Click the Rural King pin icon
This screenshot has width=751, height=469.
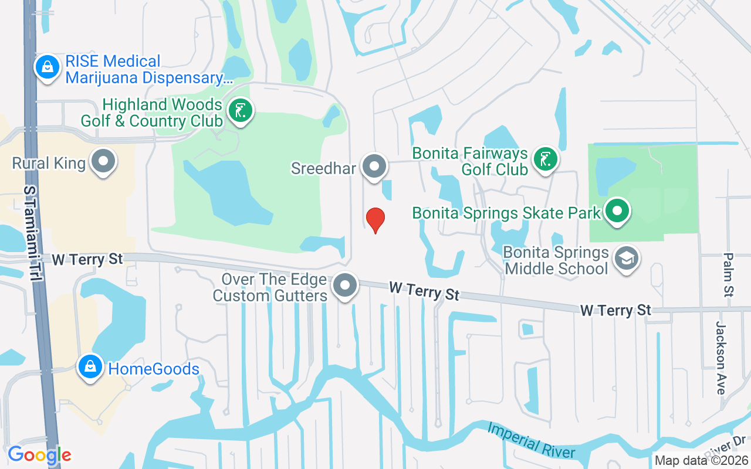104,162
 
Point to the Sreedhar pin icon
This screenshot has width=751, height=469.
374,167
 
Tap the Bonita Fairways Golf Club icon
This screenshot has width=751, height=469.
546,159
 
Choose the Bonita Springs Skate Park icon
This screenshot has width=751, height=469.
617,211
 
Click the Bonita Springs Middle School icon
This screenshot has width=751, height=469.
626,259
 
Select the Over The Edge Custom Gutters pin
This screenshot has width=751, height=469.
345,286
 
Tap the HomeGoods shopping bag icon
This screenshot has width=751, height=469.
90,368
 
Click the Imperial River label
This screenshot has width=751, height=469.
532,439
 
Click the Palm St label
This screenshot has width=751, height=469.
729,274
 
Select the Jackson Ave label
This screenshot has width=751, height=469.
721,358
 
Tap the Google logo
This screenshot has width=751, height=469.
39,455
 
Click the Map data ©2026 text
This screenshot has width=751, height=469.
701,460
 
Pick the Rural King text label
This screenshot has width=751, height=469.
49,163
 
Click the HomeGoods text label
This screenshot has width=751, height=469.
154,369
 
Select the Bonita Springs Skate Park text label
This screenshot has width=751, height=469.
506,212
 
